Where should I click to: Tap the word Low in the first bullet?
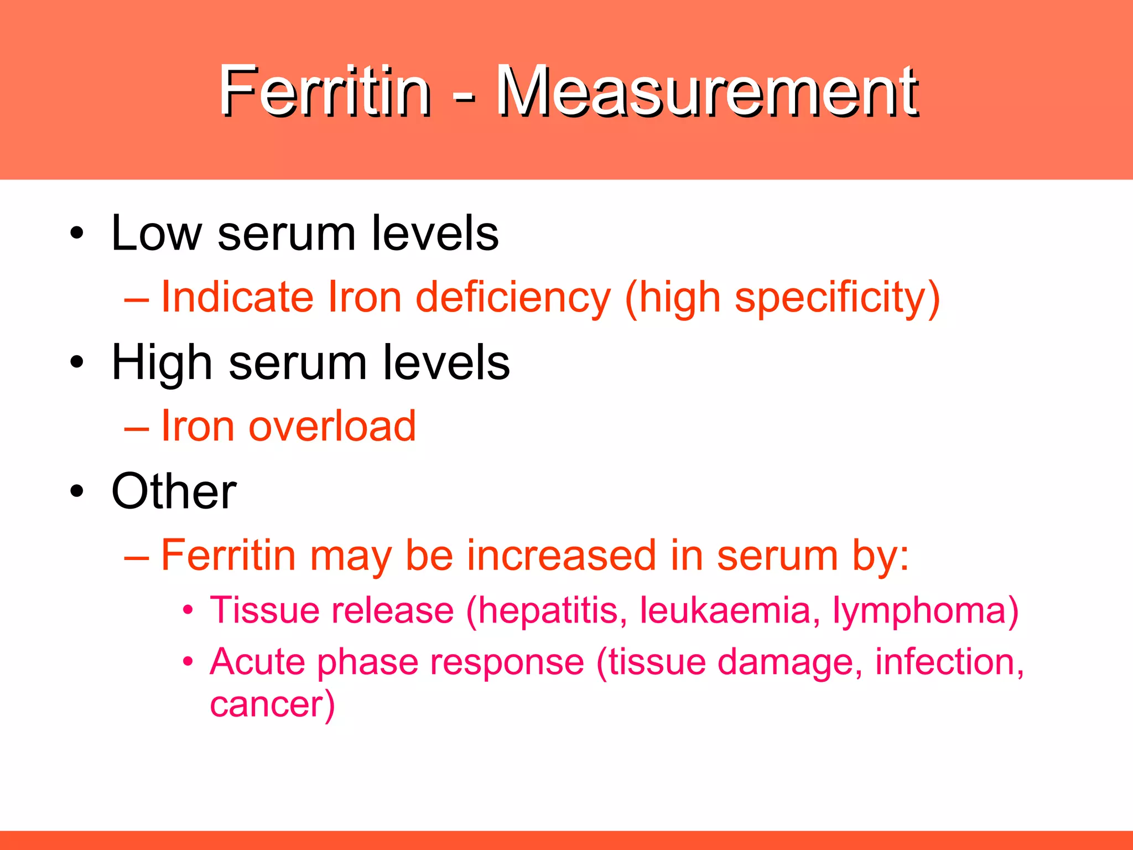point(157,234)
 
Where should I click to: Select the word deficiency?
point(513,297)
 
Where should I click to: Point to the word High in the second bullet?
point(162,363)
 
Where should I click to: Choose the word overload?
point(332,427)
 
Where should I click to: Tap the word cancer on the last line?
point(268,705)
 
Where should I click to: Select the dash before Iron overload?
point(137,428)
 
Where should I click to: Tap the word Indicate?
point(237,297)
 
